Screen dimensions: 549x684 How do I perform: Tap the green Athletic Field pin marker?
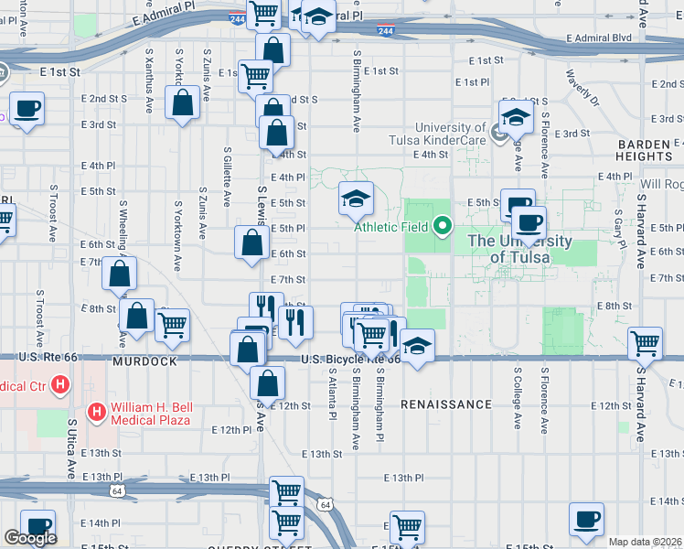click(444, 224)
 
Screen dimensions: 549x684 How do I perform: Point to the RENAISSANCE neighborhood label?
click(445, 404)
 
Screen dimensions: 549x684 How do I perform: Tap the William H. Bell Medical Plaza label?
click(151, 414)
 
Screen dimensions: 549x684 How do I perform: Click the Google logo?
click(29, 537)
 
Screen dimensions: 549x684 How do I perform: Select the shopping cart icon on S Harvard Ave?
click(646, 345)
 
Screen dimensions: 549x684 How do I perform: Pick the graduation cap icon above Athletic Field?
click(356, 198)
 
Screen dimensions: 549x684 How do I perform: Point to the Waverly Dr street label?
click(582, 87)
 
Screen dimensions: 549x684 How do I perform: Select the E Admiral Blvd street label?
click(599, 38)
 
